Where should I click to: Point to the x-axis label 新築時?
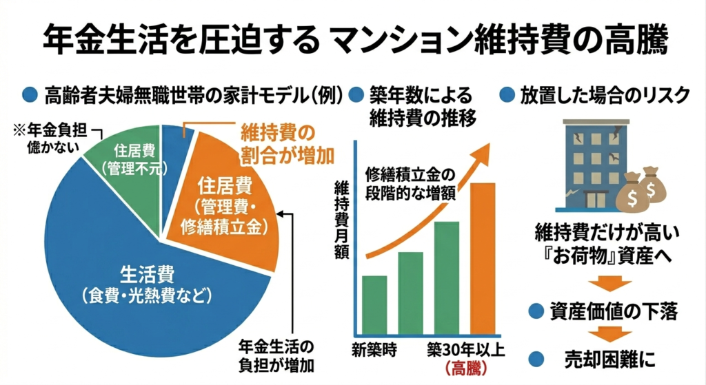(x=374, y=348)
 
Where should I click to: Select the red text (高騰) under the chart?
(x=465, y=368)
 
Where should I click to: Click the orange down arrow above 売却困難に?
(x=607, y=335)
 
